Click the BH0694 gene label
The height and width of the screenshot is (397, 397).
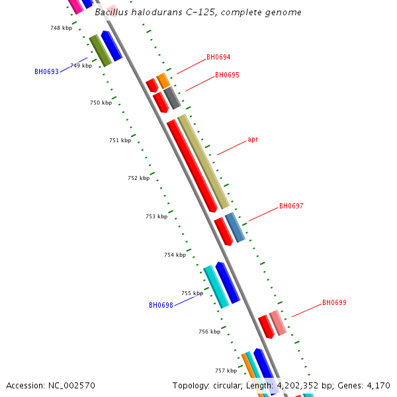[x=218, y=58]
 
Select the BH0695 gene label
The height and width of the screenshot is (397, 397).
[x=227, y=75]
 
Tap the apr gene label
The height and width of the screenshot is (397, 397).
[x=253, y=140]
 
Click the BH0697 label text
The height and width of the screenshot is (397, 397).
[x=291, y=206]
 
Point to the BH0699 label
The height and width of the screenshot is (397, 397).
[x=334, y=303]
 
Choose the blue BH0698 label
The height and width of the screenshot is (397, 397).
[x=161, y=306]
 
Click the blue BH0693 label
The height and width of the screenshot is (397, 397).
[x=46, y=71]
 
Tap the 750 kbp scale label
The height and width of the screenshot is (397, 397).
[x=101, y=103]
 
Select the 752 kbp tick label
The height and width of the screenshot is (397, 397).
[x=138, y=178]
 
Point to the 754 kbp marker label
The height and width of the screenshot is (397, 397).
[x=175, y=255]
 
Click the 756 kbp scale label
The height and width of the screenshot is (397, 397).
[x=209, y=331]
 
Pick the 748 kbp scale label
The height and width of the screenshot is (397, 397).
[x=61, y=28]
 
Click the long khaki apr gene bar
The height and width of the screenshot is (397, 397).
[x=203, y=161]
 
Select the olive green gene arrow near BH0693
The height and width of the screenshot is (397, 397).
[x=100, y=50]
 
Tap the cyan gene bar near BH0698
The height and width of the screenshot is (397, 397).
[x=216, y=287]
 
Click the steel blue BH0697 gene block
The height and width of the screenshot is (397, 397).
[x=235, y=227]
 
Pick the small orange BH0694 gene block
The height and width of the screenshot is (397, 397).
[x=163, y=81]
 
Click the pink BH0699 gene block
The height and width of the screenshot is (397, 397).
[x=278, y=322]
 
